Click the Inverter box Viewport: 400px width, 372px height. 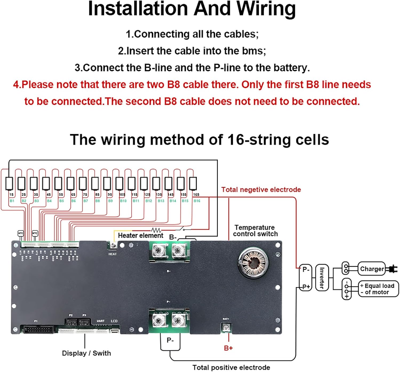coord(322,278)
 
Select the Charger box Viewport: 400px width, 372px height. coord(372,269)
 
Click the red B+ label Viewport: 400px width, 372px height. coord(228,348)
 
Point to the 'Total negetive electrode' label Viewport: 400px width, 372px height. coord(261,189)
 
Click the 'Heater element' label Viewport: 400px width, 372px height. coord(140,235)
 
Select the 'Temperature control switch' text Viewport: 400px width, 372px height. coord(255,231)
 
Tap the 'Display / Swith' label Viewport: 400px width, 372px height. coord(86,353)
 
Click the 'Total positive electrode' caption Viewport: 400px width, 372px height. coord(231,367)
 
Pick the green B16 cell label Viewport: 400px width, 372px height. coord(197,201)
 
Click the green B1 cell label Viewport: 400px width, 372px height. coord(12,201)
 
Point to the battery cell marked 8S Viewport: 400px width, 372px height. coord(95,184)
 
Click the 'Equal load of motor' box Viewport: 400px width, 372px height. coord(378,289)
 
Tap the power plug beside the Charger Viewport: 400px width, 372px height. coord(392,269)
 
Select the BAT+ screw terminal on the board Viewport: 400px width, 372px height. coord(226,327)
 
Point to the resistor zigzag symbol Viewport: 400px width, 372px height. coord(156,230)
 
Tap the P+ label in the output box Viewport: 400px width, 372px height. coord(306,287)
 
